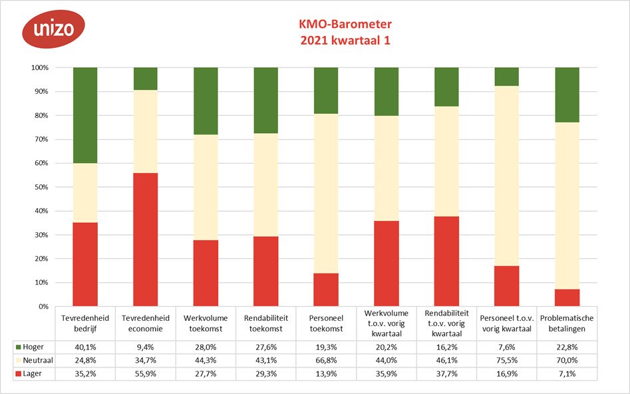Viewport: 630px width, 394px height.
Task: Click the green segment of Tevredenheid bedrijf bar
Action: [x=85, y=115]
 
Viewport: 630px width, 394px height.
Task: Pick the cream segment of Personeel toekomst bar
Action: [x=326, y=193]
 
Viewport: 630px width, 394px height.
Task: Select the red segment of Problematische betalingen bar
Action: [x=567, y=298]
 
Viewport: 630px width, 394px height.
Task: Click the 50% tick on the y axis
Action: [x=41, y=187]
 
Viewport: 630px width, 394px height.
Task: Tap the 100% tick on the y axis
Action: [x=39, y=68]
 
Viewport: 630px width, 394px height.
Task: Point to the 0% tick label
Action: [x=43, y=307]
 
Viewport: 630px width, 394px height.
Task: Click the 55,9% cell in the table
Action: [x=146, y=373]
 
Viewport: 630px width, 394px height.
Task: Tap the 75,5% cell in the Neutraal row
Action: [x=507, y=360]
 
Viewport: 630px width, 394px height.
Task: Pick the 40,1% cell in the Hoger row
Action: [x=85, y=347]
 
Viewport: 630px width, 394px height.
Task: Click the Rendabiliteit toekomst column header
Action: [x=266, y=323]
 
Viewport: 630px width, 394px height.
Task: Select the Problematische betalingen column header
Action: [x=567, y=323]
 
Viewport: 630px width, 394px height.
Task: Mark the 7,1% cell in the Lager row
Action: [x=567, y=373]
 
